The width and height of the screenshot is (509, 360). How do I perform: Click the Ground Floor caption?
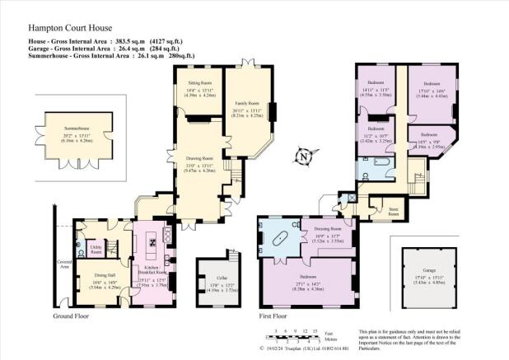(72, 316)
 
